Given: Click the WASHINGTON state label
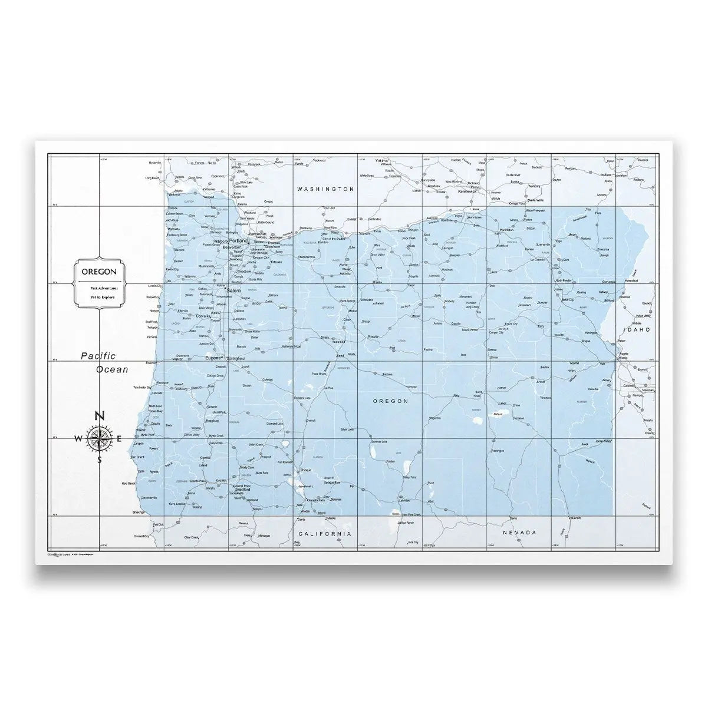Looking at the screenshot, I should click(x=325, y=189).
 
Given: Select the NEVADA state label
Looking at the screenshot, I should click(x=519, y=533).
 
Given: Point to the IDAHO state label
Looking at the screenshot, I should click(x=634, y=330).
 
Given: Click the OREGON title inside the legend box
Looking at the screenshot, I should click(x=98, y=272).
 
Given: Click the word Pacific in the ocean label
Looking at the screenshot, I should click(x=98, y=355).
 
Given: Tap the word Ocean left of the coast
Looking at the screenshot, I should click(x=112, y=369).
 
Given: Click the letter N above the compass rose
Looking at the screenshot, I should click(x=100, y=416).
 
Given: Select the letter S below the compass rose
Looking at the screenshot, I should click(x=100, y=460).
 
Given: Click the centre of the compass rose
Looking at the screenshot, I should click(x=100, y=438).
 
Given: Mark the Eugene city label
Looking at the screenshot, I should click(x=212, y=358).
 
